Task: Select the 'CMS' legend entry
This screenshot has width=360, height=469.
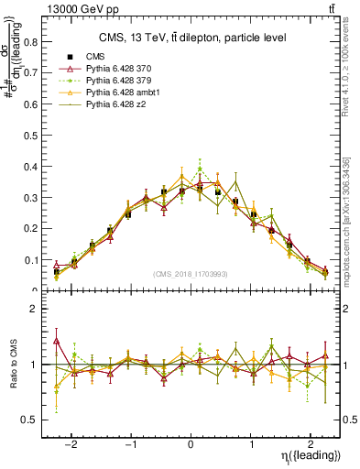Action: (96, 56)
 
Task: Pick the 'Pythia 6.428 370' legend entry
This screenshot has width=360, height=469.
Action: (119, 69)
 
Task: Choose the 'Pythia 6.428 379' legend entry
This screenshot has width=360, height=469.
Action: (119, 82)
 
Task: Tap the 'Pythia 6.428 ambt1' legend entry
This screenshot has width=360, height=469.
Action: (123, 94)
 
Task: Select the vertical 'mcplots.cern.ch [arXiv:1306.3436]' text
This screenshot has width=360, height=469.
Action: (350, 220)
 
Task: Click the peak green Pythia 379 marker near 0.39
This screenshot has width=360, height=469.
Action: (201, 169)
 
